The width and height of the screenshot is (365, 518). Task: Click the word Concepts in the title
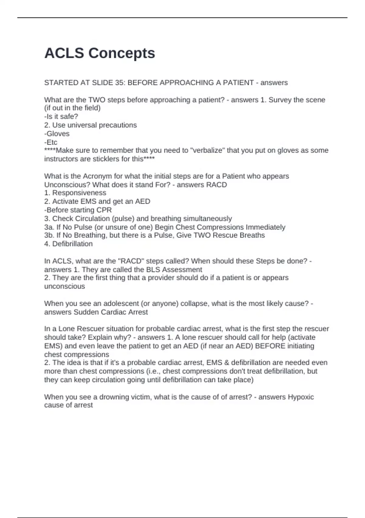[122, 53]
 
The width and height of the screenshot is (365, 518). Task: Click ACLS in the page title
[64, 53]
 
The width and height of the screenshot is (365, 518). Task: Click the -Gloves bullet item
[57, 134]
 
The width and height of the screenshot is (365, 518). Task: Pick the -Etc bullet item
[51, 142]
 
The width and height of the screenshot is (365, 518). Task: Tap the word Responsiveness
[79, 193]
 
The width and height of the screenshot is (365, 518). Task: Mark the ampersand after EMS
[226, 363]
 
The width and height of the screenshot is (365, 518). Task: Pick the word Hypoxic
[301, 397]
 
